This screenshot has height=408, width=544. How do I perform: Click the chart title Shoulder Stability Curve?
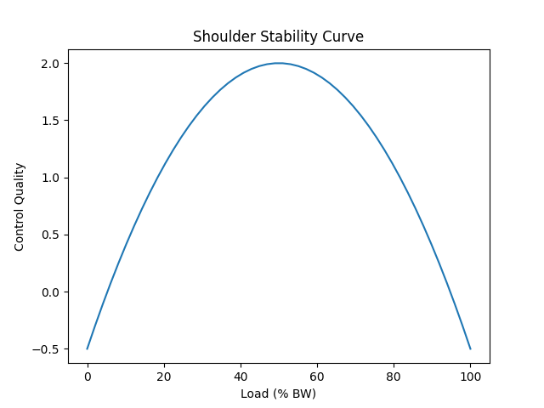tap(278, 37)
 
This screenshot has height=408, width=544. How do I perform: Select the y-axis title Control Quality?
tap(20, 207)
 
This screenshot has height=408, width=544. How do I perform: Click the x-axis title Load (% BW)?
tap(278, 394)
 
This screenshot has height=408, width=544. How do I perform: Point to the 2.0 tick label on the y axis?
tap(51, 64)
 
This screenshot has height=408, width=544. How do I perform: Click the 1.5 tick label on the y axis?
tap(51, 121)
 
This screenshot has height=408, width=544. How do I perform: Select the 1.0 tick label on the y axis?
tap(51, 178)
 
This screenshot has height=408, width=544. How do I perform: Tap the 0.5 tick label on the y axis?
tap(51, 235)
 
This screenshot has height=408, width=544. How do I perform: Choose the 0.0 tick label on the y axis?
tap(51, 292)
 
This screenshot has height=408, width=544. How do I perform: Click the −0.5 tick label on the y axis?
tap(48, 349)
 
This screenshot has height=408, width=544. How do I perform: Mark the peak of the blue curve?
tap(279, 63)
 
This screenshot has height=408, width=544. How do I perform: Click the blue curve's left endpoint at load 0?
tap(88, 348)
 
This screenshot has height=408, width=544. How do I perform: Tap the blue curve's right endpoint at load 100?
tap(470, 348)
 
